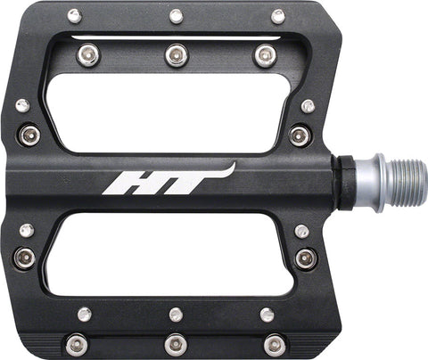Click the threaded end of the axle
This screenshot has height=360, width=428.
click(x=407, y=183)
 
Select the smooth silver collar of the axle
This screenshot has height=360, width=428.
click(x=369, y=183)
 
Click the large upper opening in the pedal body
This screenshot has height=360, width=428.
click(x=168, y=113)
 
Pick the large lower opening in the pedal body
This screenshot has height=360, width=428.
click(x=169, y=254)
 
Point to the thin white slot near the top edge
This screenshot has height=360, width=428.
click(x=176, y=38)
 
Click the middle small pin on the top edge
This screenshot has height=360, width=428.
click(x=177, y=16)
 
